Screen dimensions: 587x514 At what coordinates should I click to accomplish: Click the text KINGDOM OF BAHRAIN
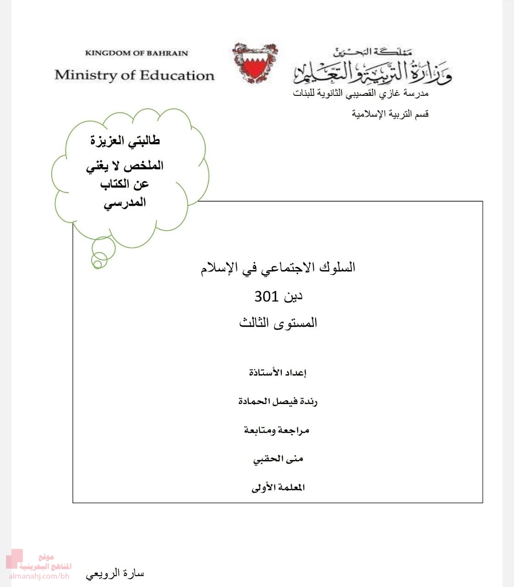tap(137, 53)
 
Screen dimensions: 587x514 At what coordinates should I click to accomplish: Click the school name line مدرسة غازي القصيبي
tap(361, 94)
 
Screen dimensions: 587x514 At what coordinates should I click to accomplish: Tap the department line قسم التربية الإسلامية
tap(390, 114)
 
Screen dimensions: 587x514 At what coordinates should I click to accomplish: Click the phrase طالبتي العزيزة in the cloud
tap(125, 141)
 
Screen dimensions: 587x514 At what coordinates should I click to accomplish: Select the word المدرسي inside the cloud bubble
tap(125, 202)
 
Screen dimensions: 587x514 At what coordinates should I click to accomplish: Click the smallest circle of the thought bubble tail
tap(97, 263)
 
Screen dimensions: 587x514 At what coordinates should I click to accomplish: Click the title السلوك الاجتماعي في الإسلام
tap(278, 267)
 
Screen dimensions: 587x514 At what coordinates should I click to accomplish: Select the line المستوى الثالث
tap(278, 323)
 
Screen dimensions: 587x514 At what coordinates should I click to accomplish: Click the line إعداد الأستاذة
tap(278, 372)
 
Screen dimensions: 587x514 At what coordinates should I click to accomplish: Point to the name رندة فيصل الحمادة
tap(278, 401)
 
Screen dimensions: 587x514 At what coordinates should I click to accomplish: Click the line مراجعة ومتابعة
tap(277, 430)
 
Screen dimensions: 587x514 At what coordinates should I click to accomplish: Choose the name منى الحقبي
tap(278, 459)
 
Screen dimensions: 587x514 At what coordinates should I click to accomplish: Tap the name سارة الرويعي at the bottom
tap(115, 574)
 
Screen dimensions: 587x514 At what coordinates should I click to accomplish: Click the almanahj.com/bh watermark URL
tap(39, 576)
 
